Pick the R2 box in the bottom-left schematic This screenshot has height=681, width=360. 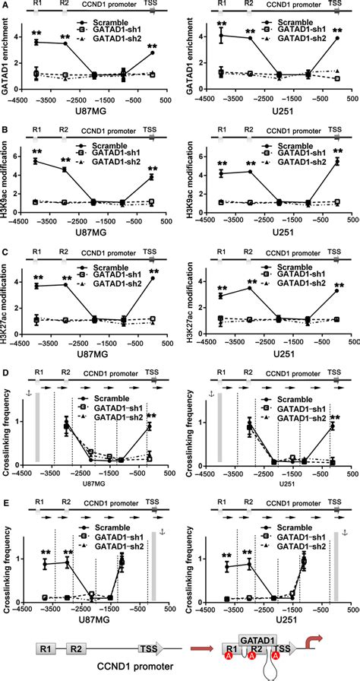pos(76,651)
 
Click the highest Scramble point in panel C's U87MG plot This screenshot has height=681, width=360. pos(153,278)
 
